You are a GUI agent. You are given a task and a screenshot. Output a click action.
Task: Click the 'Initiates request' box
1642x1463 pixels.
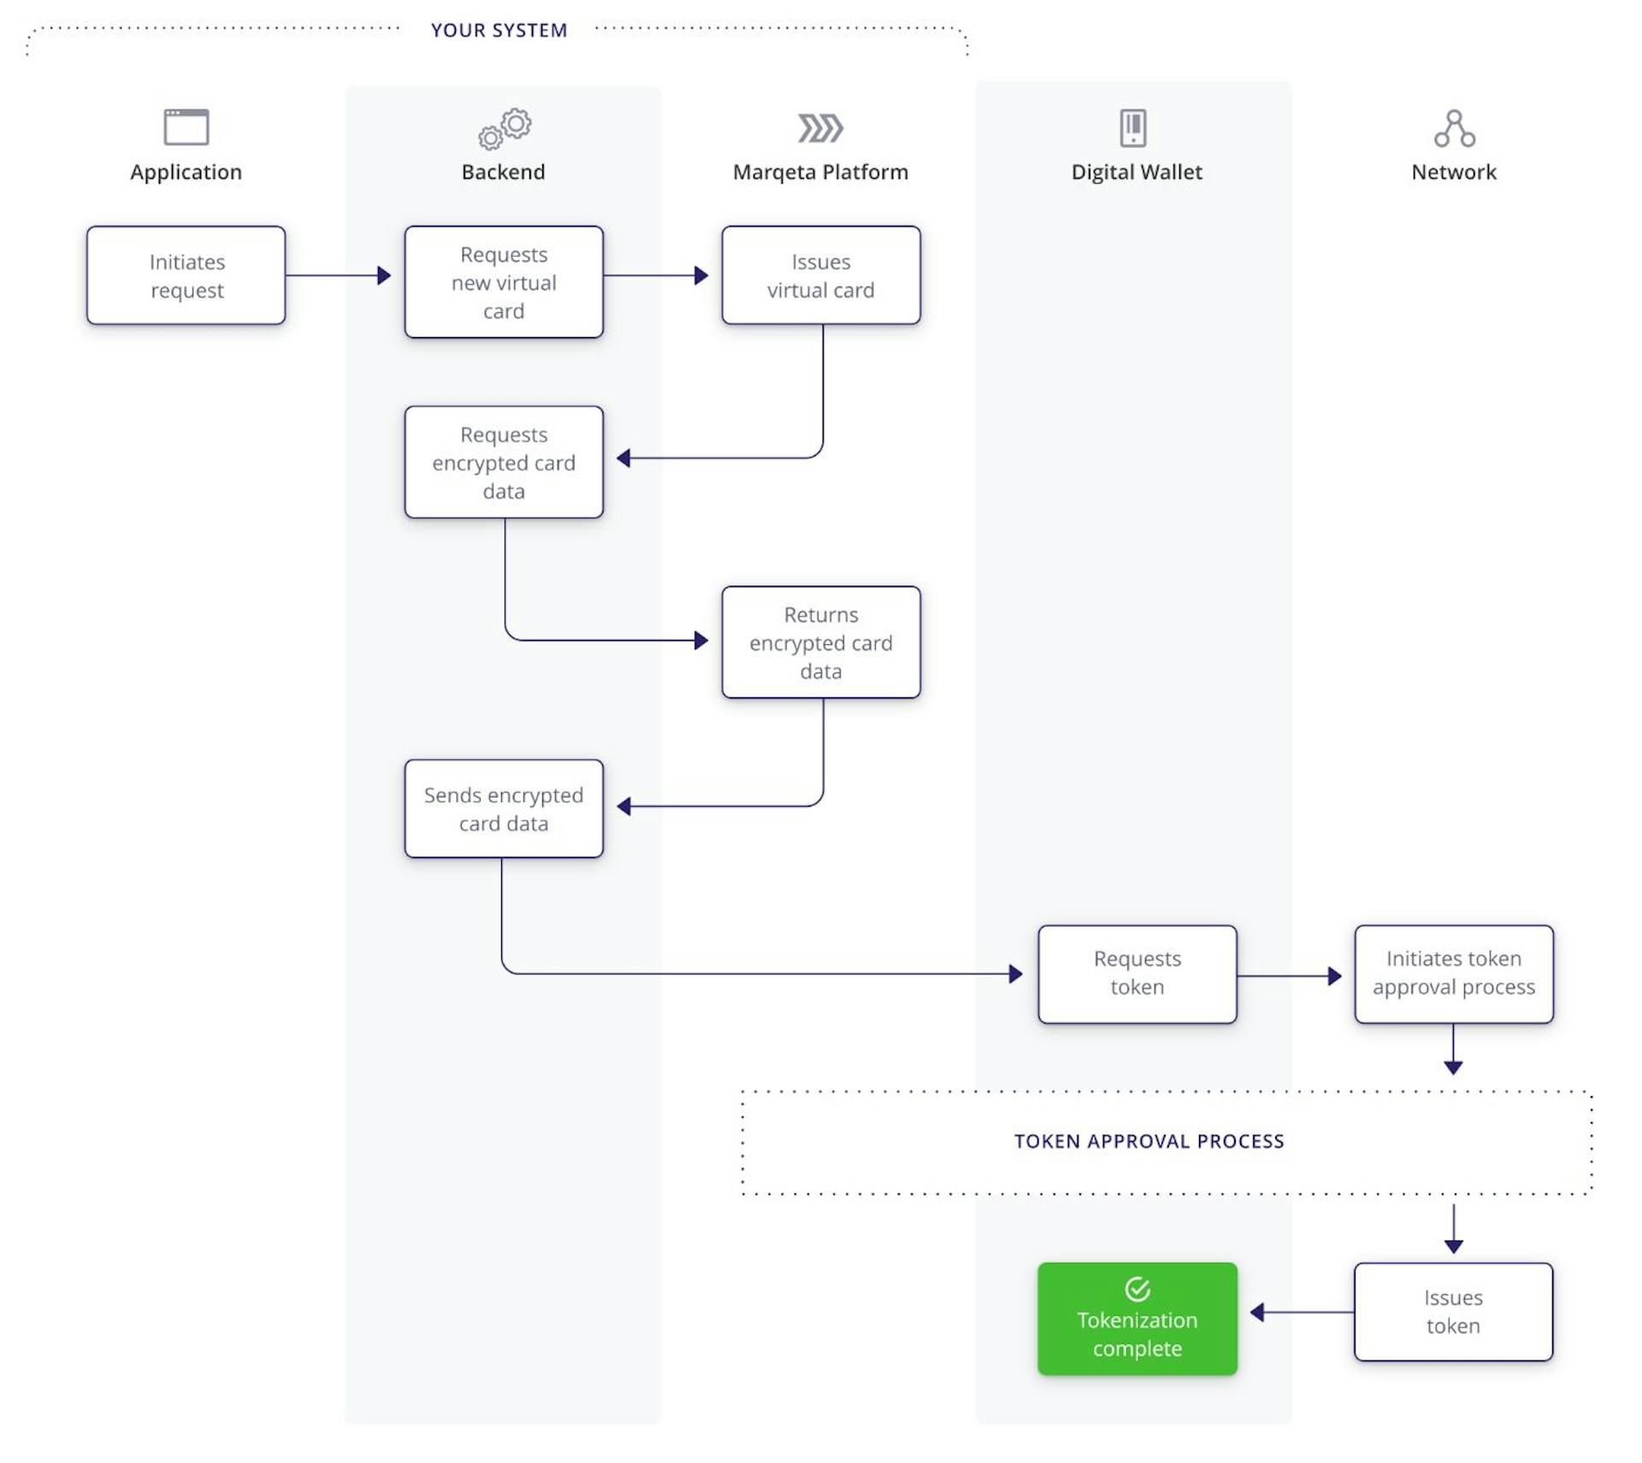pos(186,275)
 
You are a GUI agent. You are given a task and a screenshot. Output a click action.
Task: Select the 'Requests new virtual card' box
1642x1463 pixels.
pos(504,282)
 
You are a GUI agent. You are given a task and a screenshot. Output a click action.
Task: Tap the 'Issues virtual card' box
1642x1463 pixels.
pos(820,275)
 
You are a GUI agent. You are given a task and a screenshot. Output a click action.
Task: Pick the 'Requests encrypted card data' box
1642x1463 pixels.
pos(504,462)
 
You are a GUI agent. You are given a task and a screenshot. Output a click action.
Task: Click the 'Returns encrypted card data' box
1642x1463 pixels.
pos(820,643)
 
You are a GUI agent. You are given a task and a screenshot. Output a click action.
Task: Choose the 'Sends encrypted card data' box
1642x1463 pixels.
pos(504,808)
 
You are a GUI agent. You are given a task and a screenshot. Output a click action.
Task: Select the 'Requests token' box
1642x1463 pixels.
pos(1137,974)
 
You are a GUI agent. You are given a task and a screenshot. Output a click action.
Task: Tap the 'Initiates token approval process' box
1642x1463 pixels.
pos(1453,974)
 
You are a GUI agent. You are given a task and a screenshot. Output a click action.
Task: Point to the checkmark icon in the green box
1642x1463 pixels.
pos(1137,1288)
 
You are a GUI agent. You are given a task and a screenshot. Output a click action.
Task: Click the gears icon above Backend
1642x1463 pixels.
pos(505,128)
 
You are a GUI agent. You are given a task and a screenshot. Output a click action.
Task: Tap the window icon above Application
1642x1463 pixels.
pos(186,127)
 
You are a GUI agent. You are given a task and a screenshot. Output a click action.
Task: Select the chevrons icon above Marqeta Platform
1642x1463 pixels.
pos(820,128)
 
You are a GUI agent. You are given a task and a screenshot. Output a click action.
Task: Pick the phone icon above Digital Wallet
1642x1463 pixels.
pos(1133,128)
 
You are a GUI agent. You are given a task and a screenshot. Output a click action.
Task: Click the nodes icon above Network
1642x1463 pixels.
pos(1454,128)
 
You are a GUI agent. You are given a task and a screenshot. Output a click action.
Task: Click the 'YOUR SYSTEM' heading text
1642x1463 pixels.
pos(499,31)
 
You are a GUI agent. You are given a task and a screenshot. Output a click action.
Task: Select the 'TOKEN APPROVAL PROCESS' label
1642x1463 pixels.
pos(1149,1141)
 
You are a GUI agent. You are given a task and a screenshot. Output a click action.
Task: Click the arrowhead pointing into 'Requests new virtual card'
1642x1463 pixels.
pos(384,275)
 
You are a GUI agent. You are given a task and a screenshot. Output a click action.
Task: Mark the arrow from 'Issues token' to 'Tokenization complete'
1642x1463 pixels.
pos(1300,1312)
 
